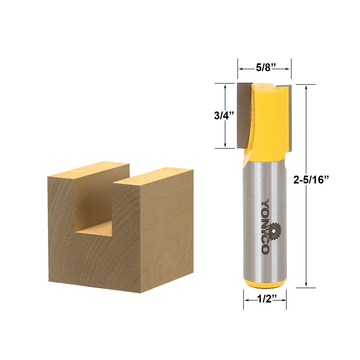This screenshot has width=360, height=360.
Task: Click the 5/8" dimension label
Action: (x=265, y=69)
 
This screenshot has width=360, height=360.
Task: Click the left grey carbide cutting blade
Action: (x=243, y=115)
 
